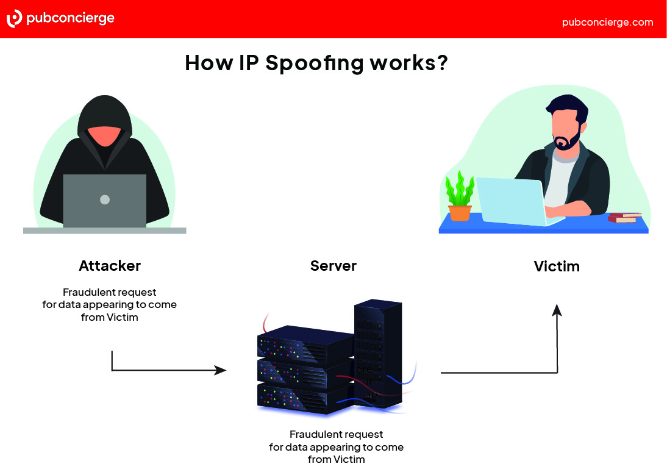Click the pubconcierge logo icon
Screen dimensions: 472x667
pos(14,18)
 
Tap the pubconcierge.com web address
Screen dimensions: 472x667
pos(607,22)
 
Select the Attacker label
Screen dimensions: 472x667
pos(110,266)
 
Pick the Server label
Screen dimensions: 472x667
pos(333,266)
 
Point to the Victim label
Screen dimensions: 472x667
pos(557,266)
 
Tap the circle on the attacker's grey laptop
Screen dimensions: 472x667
pos(105,199)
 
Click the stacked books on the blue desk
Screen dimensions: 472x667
pos(625,216)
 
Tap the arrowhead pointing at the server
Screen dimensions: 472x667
pos(221,370)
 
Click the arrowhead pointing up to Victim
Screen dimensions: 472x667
pos(557,310)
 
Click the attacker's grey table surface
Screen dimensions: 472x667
pos(104,231)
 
